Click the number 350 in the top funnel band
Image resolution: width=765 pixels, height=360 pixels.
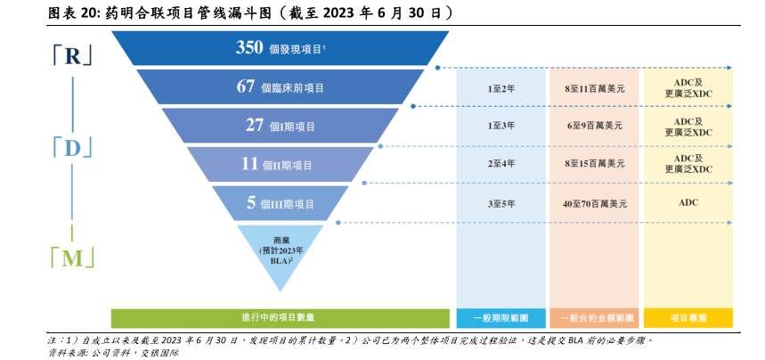tap(249, 48)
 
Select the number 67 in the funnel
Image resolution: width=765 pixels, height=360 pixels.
tap(246, 86)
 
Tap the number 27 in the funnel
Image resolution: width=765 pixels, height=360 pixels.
tap(255, 126)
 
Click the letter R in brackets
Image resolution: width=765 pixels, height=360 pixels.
tap(72, 55)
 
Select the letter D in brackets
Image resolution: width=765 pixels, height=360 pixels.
tap(72, 148)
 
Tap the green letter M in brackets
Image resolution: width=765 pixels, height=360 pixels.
tap(72, 258)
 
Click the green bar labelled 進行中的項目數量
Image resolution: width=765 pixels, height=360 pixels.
tap(280, 317)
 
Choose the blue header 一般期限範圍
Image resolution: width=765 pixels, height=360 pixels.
tap(501, 317)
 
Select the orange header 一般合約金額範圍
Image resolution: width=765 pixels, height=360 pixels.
tap(594, 317)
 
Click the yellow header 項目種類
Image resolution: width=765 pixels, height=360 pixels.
tap(688, 317)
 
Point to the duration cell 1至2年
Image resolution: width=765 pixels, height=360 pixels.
tap(501, 88)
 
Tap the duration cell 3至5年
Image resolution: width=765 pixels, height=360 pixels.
tap(501, 203)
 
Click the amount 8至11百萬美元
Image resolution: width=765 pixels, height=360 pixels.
tap(594, 88)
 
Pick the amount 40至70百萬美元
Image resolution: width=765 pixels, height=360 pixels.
tap(594, 203)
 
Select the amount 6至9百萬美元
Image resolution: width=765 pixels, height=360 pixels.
tap(594, 127)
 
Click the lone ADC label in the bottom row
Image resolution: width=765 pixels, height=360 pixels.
tap(688, 202)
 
